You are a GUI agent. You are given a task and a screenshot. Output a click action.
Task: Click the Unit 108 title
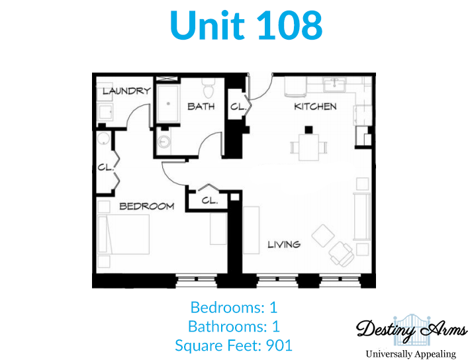coord(246,25)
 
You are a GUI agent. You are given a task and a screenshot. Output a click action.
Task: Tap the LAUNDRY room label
coord(127,91)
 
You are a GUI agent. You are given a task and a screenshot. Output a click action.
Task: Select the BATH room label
coord(201,107)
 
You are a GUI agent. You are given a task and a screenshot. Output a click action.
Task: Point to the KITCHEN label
coord(315,107)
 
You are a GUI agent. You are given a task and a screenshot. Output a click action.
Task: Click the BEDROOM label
coord(147,206)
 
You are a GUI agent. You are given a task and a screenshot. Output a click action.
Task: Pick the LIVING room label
coord(284,245)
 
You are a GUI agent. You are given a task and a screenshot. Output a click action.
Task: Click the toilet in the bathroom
coord(208,89)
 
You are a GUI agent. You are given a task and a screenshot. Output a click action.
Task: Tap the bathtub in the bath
coord(168,104)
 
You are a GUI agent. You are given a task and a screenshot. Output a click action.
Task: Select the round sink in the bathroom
coord(164,142)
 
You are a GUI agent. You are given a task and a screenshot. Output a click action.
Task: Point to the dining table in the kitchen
coord(309,147)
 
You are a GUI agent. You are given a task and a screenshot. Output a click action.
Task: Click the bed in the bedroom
coord(123,234)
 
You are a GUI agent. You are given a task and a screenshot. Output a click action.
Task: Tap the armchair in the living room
coord(341,253)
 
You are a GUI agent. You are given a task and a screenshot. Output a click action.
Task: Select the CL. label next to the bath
coord(238,107)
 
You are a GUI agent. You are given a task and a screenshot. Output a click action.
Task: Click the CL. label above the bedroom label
coord(106,167)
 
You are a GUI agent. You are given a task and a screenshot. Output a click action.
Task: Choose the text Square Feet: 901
coord(234,345)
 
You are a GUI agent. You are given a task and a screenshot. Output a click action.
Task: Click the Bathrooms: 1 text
coord(234,326)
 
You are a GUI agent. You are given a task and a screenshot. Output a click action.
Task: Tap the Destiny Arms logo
coord(412,330)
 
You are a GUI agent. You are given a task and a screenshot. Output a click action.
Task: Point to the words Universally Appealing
coord(411,354)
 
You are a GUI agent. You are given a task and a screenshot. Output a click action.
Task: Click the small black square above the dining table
coord(308,130)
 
